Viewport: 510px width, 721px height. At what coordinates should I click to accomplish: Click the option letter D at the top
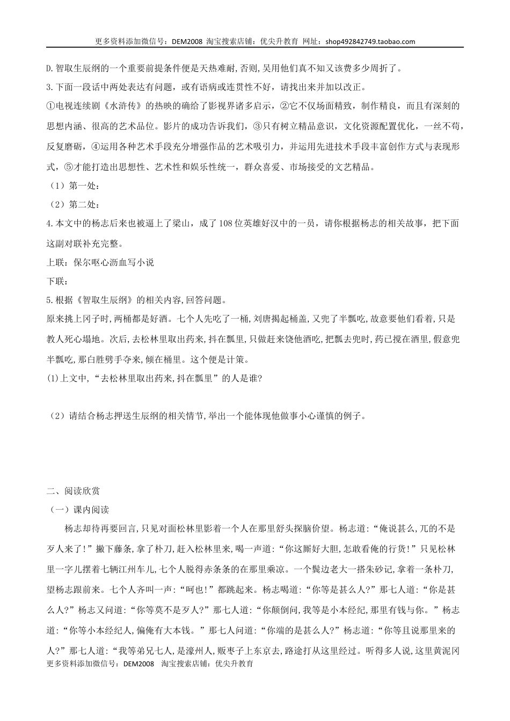coord(48,68)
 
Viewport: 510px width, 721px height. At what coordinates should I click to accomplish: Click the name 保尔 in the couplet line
coord(81,262)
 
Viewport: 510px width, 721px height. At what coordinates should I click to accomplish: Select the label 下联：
coord(59,281)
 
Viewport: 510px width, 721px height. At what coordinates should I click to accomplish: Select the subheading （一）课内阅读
coord(78,509)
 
